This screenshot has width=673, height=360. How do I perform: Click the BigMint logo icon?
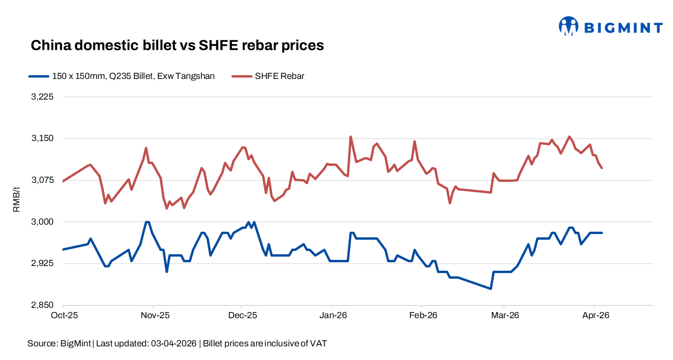(x=568, y=26)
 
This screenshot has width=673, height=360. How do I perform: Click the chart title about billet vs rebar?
(x=177, y=45)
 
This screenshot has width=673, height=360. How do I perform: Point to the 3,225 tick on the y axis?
(x=43, y=97)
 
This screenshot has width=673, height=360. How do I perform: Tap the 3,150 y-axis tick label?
(x=43, y=139)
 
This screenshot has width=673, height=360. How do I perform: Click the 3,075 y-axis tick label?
(x=43, y=180)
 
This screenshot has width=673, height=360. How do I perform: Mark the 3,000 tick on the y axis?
(x=43, y=222)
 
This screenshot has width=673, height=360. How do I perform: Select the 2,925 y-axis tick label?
(x=43, y=263)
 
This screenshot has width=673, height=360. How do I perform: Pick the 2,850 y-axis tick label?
(x=43, y=305)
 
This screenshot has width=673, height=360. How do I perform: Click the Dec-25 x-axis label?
(x=242, y=315)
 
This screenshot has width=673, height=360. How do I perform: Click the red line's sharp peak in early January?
(x=350, y=137)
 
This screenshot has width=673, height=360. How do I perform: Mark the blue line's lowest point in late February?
(x=491, y=289)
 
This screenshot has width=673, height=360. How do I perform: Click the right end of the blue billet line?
(x=602, y=233)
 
